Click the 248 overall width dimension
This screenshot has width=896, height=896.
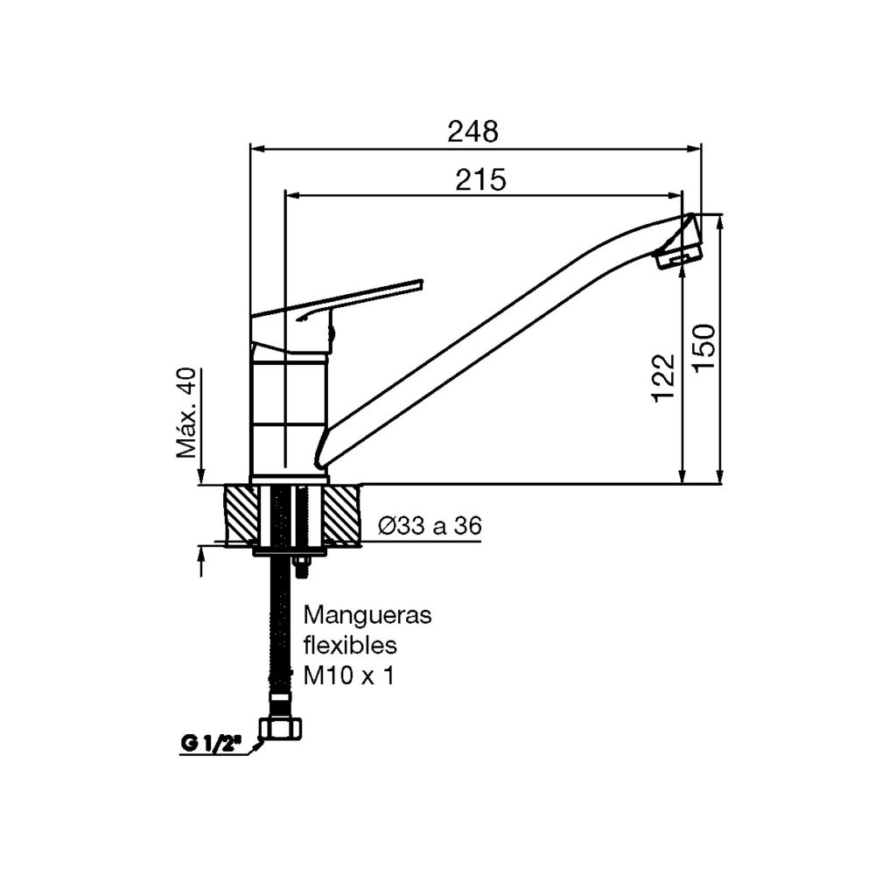472,131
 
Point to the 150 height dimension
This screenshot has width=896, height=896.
705,347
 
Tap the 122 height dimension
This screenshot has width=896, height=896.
665,377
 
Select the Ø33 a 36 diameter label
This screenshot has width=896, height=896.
430,526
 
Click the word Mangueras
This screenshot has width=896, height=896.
367,615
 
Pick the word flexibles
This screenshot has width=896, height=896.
350,646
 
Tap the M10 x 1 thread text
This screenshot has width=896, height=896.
346,675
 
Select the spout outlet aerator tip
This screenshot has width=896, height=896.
680,256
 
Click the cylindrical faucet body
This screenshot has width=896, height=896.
289,411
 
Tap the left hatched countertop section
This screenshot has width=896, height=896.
242,514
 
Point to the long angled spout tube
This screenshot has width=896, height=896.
490,341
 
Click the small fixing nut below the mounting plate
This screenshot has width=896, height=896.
303,566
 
